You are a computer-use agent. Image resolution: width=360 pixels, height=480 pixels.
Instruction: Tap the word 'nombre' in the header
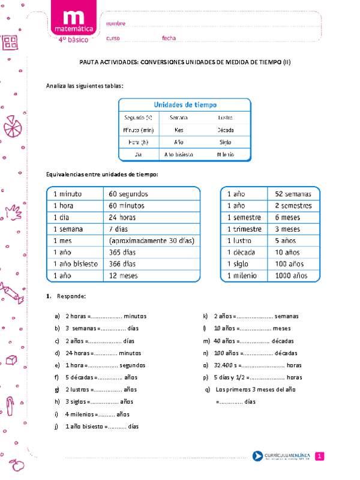pyautogui.click(x=116, y=23)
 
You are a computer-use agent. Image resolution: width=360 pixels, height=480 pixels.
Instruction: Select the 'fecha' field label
pyautogui.click(x=169, y=38)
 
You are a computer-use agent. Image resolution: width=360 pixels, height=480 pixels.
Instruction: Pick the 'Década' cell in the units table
pyautogui.click(x=226, y=129)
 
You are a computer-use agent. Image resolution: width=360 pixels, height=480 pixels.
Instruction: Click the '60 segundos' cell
pyautogui.click(x=128, y=194)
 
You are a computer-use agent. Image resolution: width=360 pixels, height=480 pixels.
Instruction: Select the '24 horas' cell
pyautogui.click(x=124, y=217)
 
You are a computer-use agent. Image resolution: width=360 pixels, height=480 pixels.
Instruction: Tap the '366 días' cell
pyautogui.click(x=123, y=264)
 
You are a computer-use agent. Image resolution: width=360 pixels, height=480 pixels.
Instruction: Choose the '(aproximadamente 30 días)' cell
pyautogui.click(x=152, y=241)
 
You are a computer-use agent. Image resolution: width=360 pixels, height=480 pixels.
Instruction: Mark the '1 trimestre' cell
pyautogui.click(x=244, y=229)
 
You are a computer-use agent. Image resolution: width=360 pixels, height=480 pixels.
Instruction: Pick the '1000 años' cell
pyautogui.click(x=291, y=275)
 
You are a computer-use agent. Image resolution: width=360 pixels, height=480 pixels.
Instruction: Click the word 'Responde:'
pyautogui.click(x=71, y=297)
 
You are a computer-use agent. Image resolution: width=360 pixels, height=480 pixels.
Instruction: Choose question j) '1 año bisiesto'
pyautogui.click(x=102, y=427)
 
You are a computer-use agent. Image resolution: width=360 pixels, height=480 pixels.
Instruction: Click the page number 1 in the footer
pyautogui.click(x=320, y=457)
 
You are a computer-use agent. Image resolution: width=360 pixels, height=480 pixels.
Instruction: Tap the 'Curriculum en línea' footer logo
pyautogui.click(x=281, y=457)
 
